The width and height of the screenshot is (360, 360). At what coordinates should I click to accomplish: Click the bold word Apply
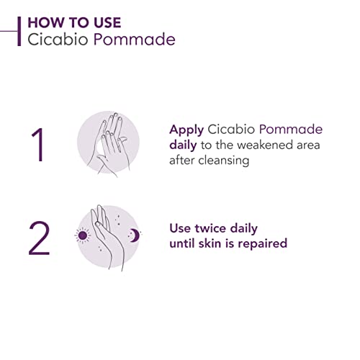coord(187,130)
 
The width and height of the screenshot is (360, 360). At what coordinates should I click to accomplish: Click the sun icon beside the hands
coord(81,235)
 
